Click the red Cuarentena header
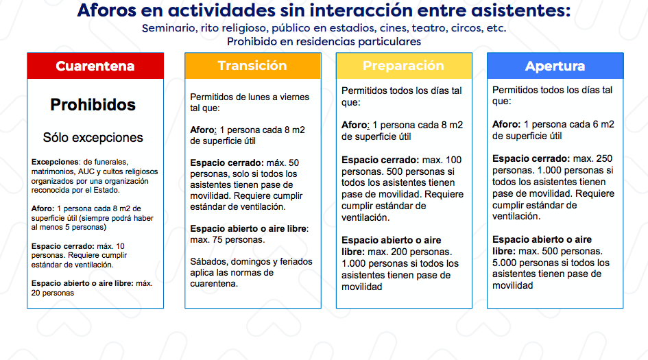(95, 66)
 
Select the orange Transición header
(252, 66)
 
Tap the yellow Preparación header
(404, 66)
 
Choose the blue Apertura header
(555, 66)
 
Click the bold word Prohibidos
(93, 105)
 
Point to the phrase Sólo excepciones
(93, 138)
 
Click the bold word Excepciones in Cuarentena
(55, 162)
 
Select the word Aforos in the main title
(106, 10)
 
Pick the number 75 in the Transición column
(217, 240)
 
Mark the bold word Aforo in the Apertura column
(506, 124)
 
